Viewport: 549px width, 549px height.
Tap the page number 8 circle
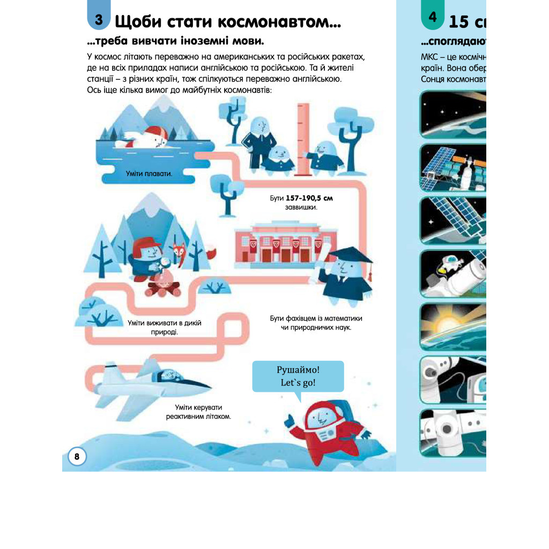(x=77, y=457)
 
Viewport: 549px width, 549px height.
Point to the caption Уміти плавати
(x=145, y=173)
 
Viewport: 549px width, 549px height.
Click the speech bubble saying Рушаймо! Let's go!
(x=298, y=377)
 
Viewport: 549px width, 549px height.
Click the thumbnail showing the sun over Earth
(x=453, y=325)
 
